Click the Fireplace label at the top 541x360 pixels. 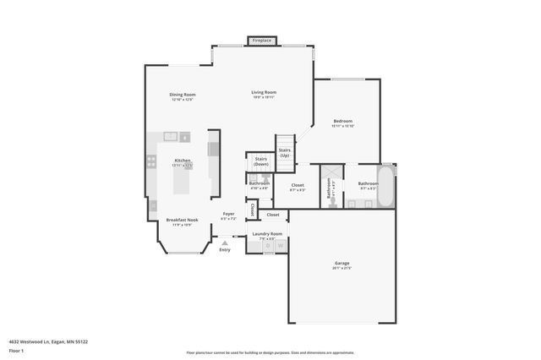262,40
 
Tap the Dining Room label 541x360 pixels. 182,95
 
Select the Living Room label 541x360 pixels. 264,92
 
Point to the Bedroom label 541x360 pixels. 342,121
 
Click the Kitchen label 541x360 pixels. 183,161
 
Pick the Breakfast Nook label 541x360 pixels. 182,221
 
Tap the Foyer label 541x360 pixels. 228,214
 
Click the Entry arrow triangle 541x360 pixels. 225,243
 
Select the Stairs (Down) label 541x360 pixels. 260,161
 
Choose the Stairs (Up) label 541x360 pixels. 285,153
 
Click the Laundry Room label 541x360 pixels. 267,233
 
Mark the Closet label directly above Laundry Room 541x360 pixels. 272,215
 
